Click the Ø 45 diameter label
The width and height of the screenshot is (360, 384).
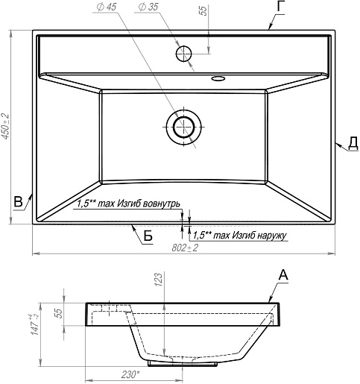(x=107, y=7)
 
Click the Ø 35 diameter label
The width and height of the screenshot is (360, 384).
(x=148, y=7)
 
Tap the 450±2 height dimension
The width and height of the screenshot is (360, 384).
(x=5, y=126)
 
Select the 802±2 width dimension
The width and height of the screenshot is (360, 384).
(x=185, y=248)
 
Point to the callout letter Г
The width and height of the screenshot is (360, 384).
(x=280, y=7)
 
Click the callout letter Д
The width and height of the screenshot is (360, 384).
(x=353, y=142)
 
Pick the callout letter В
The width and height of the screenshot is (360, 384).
(x=18, y=201)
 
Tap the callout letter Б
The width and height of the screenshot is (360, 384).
(x=148, y=236)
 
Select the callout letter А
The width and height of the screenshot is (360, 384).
(x=283, y=275)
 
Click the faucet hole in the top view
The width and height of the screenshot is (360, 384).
(x=184, y=54)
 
